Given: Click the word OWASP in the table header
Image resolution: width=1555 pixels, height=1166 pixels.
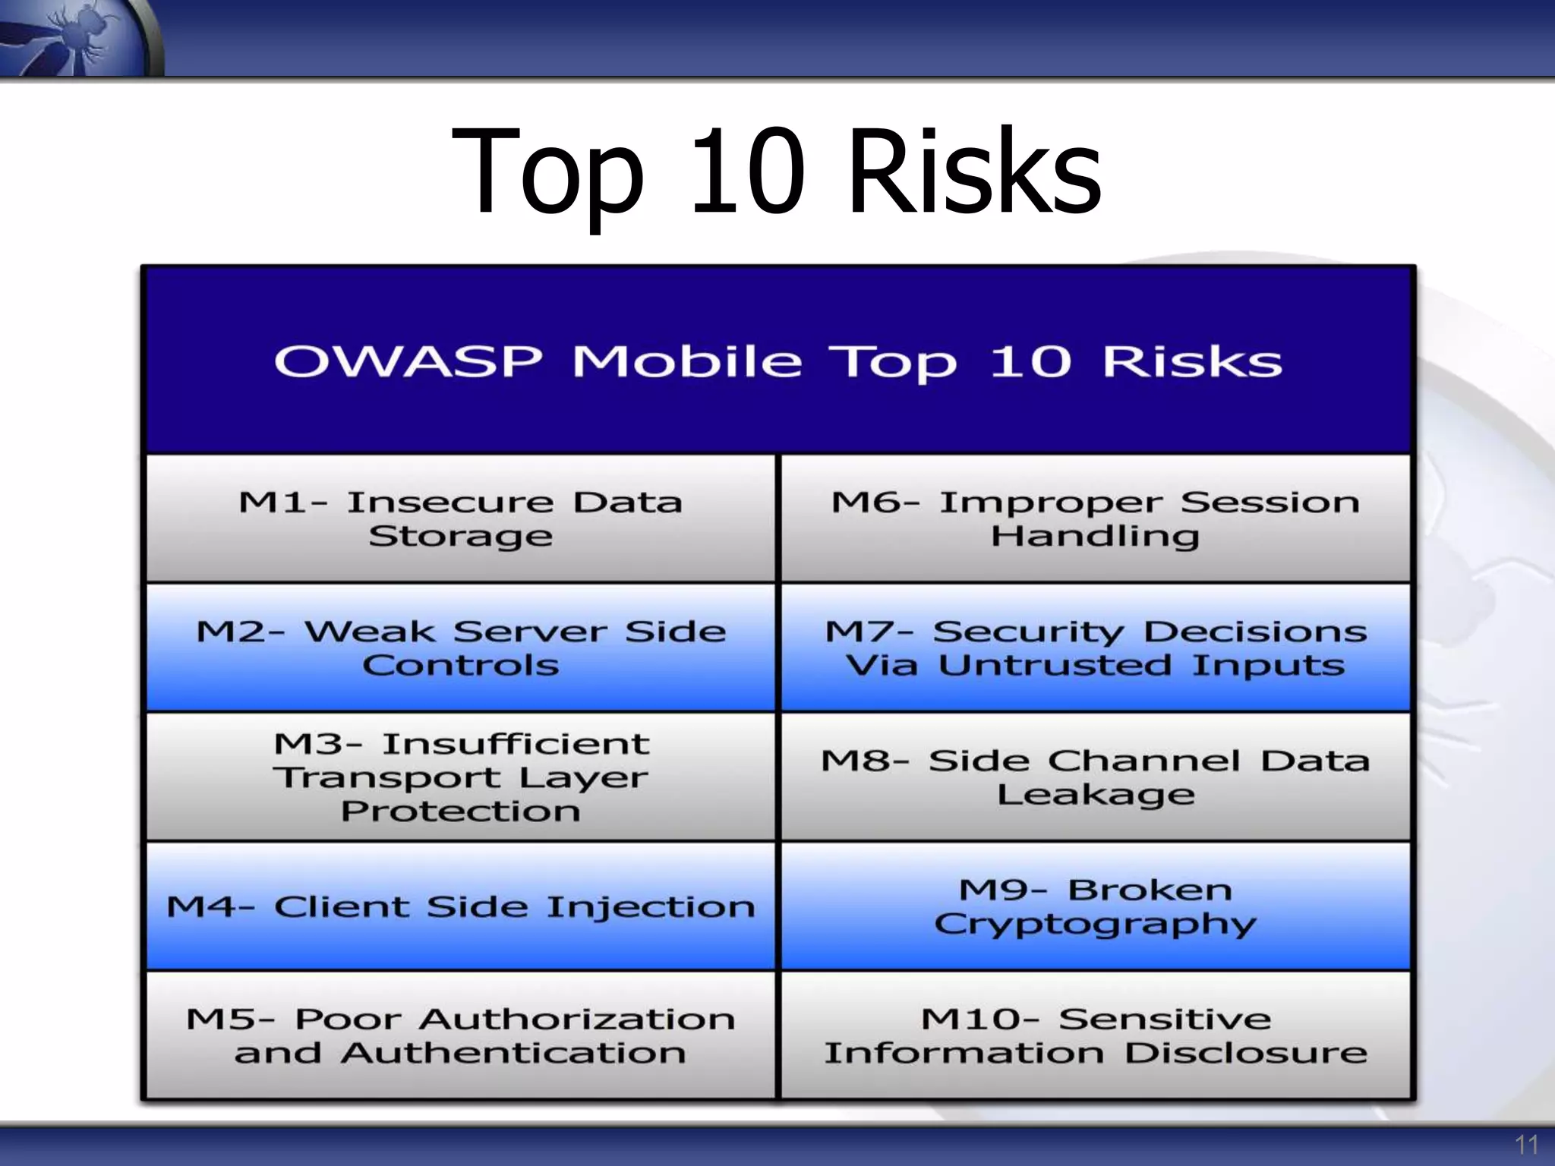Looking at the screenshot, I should (408, 361).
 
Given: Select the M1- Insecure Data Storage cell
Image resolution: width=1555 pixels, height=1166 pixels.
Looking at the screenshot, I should (460, 518).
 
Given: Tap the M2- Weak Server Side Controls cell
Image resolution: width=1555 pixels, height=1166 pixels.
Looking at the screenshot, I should (460, 648).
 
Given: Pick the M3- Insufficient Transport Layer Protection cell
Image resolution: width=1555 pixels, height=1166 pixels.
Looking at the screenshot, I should (460, 777).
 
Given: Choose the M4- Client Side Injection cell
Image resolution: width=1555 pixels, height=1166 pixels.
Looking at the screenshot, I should (460, 906).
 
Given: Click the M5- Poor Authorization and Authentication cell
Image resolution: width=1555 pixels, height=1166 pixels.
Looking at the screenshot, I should (460, 1035).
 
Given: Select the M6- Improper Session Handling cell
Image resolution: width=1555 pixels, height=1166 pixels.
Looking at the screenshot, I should (1095, 518).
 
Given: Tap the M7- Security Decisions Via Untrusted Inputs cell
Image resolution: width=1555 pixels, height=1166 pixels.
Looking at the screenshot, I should (1095, 648).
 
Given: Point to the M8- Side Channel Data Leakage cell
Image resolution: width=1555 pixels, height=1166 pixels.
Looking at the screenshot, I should (1095, 777).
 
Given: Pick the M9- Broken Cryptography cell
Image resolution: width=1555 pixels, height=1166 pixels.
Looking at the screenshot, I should (1095, 906).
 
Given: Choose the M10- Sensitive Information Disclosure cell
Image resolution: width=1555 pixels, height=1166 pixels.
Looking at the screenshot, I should (1095, 1035).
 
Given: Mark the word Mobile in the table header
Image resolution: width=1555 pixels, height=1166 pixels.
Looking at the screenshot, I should (687, 361).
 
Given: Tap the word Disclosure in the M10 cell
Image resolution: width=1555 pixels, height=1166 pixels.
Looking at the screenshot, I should (1245, 1054).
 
